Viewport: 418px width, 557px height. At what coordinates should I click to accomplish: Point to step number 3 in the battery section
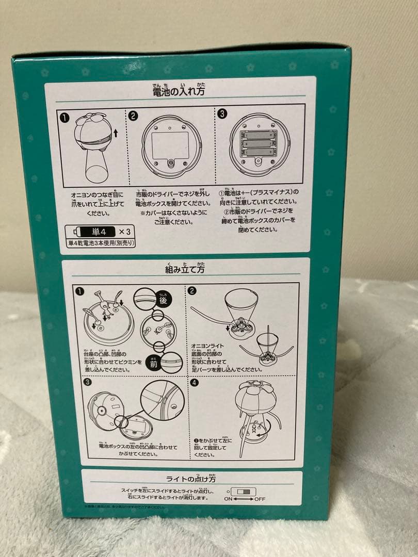click(222, 114)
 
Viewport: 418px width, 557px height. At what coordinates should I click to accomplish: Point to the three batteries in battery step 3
click(256, 142)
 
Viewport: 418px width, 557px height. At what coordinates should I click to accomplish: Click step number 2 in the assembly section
click(192, 291)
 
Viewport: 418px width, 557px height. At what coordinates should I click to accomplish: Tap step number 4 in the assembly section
click(193, 383)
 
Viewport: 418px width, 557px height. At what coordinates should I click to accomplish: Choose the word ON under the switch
click(228, 499)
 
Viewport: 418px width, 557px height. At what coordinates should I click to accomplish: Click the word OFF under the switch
click(260, 499)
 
